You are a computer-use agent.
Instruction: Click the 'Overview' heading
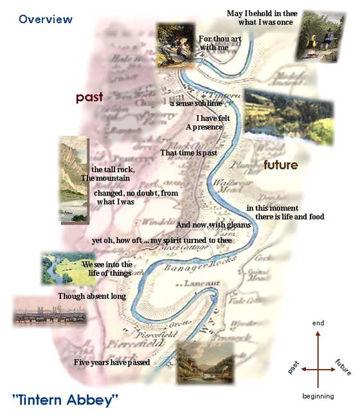coord(46,19)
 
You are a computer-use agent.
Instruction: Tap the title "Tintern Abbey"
coord(66,400)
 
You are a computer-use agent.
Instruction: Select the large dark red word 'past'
coord(89,97)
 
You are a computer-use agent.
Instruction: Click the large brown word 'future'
coord(280,165)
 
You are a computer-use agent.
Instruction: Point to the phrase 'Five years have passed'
coord(112,363)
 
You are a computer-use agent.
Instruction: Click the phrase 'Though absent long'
coord(92,296)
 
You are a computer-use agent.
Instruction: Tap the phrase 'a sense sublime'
coord(196,103)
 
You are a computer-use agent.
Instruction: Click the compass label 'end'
coord(318,322)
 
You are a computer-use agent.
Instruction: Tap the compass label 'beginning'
coord(318,396)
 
